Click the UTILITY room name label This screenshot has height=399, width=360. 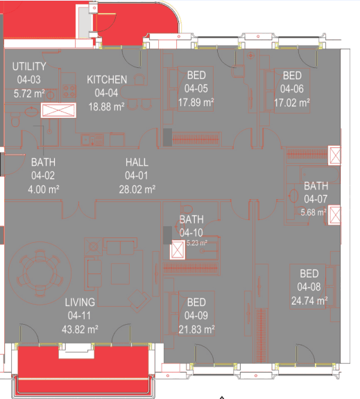click(x=29, y=67)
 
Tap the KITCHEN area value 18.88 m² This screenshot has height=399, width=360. click(x=106, y=107)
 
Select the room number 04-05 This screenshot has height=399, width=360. click(x=196, y=89)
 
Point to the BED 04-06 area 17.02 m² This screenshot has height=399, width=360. click(x=292, y=103)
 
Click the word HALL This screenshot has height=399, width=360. click(x=137, y=162)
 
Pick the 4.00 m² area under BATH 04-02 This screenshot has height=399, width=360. click(x=44, y=189)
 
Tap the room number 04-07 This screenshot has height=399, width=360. click(x=316, y=199)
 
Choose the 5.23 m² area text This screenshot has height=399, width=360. click(x=197, y=243)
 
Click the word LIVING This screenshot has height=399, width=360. click(x=80, y=303)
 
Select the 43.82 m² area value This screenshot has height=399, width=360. click(x=80, y=330)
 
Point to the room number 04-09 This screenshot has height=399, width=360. click(x=196, y=316)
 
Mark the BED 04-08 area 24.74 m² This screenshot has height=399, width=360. click(x=309, y=300)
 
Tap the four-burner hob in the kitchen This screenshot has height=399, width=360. click(x=69, y=91)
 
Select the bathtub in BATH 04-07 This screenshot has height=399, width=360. click(x=320, y=175)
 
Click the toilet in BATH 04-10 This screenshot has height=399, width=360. click(x=187, y=209)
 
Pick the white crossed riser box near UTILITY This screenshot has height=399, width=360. click(x=58, y=110)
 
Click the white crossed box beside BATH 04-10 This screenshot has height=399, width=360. click(x=178, y=250)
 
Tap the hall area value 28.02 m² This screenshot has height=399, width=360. click(x=137, y=189)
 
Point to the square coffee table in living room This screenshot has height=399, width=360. click(x=120, y=273)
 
